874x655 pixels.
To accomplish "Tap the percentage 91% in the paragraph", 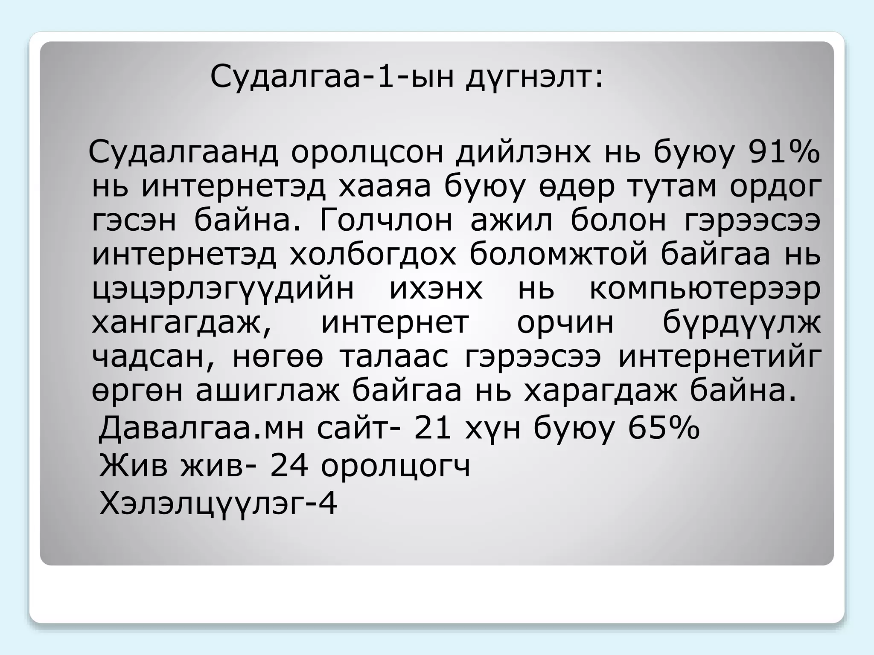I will click(784, 152).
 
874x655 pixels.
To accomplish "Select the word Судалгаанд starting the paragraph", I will click(183, 152).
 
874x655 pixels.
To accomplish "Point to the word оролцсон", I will click(367, 152).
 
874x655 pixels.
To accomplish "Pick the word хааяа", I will click(385, 186).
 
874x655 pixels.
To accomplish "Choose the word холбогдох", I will click(373, 255).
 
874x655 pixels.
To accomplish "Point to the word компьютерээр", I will click(705, 289).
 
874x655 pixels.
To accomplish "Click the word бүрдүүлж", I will click(741, 323).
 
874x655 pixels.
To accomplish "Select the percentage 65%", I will click(664, 428).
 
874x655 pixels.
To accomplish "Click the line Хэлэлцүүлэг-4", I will click(218, 503).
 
